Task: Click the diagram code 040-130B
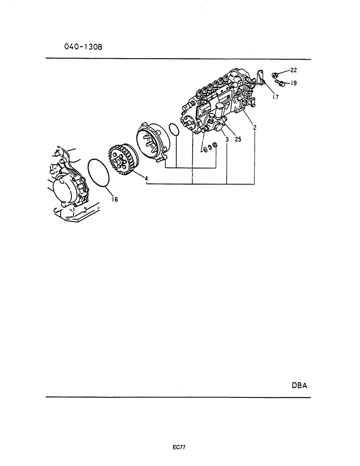coord(83,47)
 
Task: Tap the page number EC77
coord(180,447)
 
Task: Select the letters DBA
coord(299,385)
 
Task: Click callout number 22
coord(293,70)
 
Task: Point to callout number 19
coord(293,83)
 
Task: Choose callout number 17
coord(275,97)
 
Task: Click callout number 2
coord(255,128)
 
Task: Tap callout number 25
coord(238,139)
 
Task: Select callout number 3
coord(227,139)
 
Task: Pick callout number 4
coord(146,178)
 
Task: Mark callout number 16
coord(115,199)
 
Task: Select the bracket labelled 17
coord(261,78)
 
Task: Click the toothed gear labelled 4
coord(122,160)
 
